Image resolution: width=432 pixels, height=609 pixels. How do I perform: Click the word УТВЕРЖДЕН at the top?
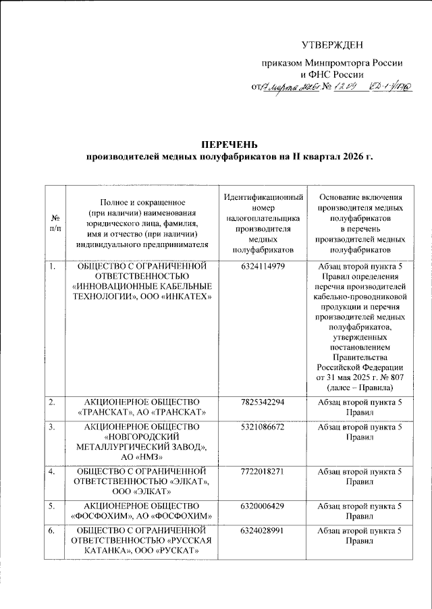click(332, 45)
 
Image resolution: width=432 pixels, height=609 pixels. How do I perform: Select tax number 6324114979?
click(263, 267)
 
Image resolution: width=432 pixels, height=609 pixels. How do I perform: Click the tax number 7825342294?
click(263, 402)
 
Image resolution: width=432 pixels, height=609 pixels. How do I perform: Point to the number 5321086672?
click(263, 427)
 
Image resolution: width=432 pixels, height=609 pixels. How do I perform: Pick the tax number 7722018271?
click(263, 470)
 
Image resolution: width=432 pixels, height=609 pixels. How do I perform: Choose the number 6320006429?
click(263, 505)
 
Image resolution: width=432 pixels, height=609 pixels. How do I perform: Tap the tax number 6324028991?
click(263, 531)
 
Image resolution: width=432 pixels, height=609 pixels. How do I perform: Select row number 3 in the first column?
click(51, 427)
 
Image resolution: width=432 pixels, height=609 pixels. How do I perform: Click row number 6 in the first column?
click(51, 531)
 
